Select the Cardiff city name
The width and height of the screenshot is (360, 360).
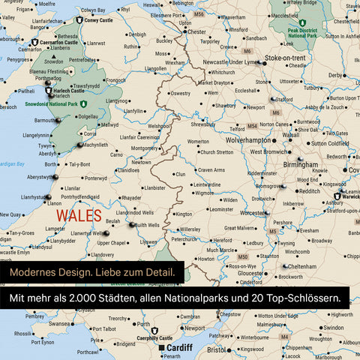tap(179, 348)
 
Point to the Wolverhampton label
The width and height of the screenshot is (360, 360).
tap(243, 139)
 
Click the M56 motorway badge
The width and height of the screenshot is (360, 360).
tap(199, 14)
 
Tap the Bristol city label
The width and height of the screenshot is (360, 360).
tap(216, 349)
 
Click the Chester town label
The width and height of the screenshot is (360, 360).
tap(196, 32)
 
